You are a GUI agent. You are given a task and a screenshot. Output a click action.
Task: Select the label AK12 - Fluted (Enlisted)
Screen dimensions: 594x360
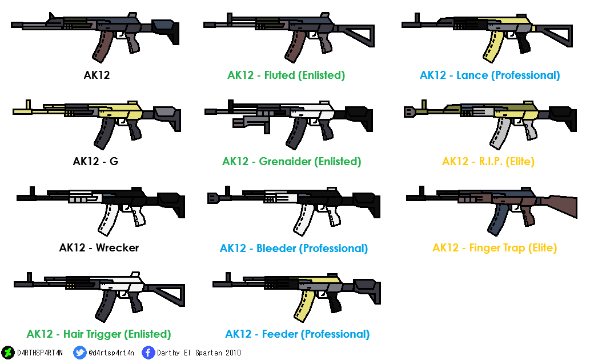pos(286,75)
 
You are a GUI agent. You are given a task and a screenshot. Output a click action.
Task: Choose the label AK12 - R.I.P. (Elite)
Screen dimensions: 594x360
pos(488,162)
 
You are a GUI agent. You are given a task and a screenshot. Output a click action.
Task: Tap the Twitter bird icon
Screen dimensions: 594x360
pos(80,353)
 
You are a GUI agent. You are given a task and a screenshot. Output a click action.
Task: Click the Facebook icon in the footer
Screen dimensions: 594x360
pos(148,353)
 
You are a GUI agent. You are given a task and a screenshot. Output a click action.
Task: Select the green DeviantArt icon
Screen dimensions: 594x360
pos(8,353)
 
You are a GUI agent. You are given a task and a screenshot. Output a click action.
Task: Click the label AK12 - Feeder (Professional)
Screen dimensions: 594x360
pos(297,334)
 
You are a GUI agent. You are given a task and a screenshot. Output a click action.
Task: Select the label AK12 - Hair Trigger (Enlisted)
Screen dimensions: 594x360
pos(99,334)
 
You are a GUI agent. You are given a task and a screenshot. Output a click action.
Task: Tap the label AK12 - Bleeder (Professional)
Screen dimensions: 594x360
pos(294,249)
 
